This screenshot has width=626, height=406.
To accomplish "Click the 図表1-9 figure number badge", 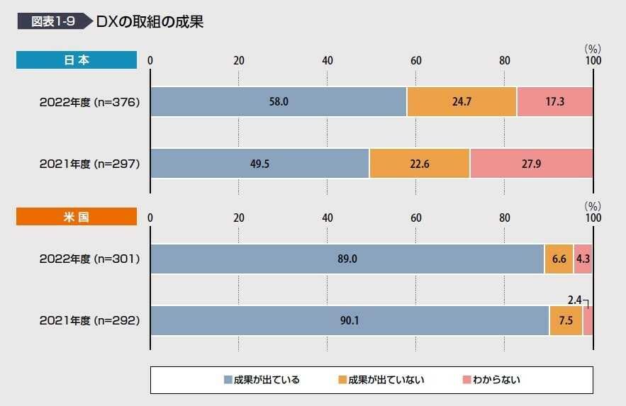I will click(53, 21).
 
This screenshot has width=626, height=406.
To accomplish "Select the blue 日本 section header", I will click(77, 60).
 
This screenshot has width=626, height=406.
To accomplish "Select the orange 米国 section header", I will click(77, 217).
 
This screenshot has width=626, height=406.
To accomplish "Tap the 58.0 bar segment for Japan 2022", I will click(278, 102).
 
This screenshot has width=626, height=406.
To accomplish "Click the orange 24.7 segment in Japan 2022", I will click(462, 102).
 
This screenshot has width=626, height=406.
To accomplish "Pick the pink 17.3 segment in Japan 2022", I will click(554, 102).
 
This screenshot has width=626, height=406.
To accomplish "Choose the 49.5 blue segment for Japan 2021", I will click(259, 164).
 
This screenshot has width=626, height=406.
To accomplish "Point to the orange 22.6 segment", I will click(420, 164).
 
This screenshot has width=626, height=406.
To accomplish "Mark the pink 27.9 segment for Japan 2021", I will click(531, 164).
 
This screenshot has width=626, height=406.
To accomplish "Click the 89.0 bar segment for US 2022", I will click(347, 259).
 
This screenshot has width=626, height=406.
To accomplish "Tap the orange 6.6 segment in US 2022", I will click(559, 259).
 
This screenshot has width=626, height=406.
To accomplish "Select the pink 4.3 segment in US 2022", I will click(583, 259).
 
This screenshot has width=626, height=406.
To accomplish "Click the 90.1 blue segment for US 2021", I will click(350, 321).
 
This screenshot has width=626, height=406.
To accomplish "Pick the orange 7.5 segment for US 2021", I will click(566, 321).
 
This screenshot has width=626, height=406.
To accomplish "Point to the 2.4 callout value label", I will click(574, 300).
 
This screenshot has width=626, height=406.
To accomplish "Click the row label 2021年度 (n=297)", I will click(89, 164).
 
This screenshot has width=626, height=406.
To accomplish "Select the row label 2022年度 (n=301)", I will click(89, 259).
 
